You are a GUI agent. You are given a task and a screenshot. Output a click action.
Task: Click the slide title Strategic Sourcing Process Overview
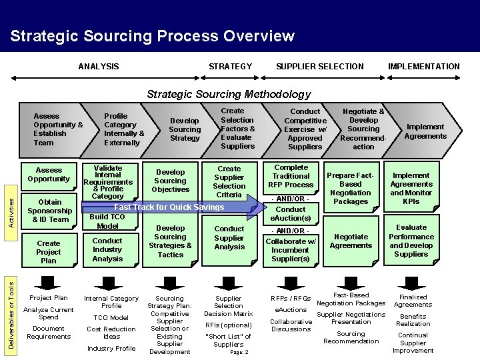pyautogui.click(x=152, y=35)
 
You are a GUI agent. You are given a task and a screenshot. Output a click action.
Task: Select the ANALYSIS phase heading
pyautogui.click(x=99, y=66)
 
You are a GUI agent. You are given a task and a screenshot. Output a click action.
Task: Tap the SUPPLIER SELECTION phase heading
pyautogui.click(x=320, y=66)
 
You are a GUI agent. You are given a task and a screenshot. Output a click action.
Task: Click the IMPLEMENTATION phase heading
pyautogui.click(x=424, y=66)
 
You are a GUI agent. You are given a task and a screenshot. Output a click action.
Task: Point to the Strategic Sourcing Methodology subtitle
pyautogui.click(x=229, y=94)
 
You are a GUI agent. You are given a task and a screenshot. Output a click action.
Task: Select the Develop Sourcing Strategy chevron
pyautogui.click(x=185, y=129)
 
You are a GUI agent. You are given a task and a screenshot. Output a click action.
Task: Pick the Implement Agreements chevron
pyautogui.click(x=425, y=131)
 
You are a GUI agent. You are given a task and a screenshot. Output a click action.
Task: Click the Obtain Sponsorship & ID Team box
pyautogui.click(x=50, y=211)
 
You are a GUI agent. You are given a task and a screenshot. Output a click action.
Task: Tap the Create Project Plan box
pyautogui.click(x=49, y=252)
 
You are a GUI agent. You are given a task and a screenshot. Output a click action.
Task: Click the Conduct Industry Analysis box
pyautogui.click(x=107, y=249)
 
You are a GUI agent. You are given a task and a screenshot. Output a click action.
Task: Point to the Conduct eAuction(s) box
pyautogui.click(x=291, y=213)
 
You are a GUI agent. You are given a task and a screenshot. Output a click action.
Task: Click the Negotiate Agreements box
pyautogui.click(x=351, y=241)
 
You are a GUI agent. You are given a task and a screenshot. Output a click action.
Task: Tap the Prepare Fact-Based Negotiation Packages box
pyautogui.click(x=351, y=188)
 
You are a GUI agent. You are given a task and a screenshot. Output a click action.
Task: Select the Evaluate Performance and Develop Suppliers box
pyautogui.click(x=411, y=241)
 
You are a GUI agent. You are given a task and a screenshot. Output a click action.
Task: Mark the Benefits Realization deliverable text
pyautogui.click(x=413, y=320)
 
